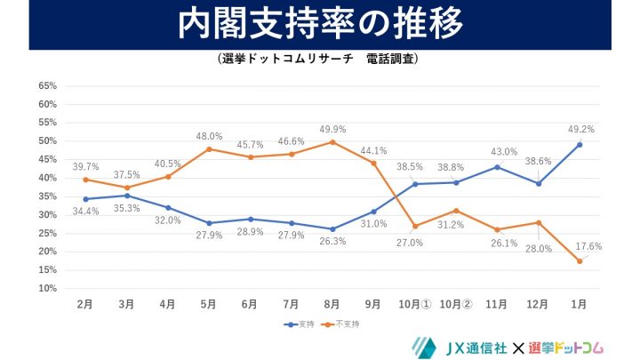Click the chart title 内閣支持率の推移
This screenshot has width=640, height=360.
[320, 24]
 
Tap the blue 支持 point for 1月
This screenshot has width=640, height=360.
[579, 144]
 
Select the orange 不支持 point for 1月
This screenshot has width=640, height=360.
[579, 260]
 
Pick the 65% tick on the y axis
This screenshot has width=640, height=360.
[47, 86]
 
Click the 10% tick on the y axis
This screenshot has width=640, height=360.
[47, 289]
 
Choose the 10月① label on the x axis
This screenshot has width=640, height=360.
[414, 304]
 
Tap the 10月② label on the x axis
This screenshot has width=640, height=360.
[455, 304]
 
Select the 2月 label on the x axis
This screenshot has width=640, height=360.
[85, 304]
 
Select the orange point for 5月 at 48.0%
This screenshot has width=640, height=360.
[209, 148]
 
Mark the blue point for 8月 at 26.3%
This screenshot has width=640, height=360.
[332, 228]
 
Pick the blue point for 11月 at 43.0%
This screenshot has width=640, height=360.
[497, 167]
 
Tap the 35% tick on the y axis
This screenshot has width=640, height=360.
[47, 196]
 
